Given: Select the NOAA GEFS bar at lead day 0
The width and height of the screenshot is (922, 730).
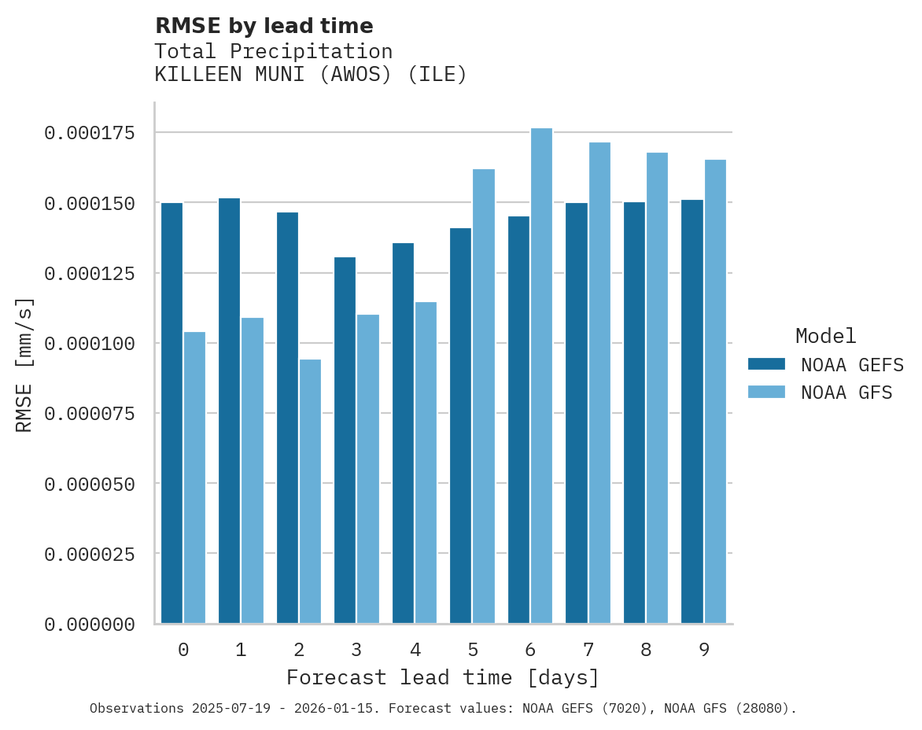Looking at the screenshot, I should (171, 413).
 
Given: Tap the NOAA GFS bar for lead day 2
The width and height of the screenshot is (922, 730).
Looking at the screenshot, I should (310, 492).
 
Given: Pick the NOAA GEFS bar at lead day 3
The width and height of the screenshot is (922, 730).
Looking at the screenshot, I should (345, 441).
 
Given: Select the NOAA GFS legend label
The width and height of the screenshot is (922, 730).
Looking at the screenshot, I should (846, 392).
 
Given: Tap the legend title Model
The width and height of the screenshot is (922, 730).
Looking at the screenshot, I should (825, 336).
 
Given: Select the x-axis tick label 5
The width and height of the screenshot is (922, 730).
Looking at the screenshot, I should (472, 650).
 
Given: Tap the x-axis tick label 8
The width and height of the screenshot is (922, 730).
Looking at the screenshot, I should (646, 650).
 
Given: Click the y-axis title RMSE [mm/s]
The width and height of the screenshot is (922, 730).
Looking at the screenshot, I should (24, 364).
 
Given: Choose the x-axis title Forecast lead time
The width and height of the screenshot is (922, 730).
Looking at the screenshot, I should (442, 677).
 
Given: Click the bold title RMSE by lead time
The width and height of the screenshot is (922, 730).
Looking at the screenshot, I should (264, 26).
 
